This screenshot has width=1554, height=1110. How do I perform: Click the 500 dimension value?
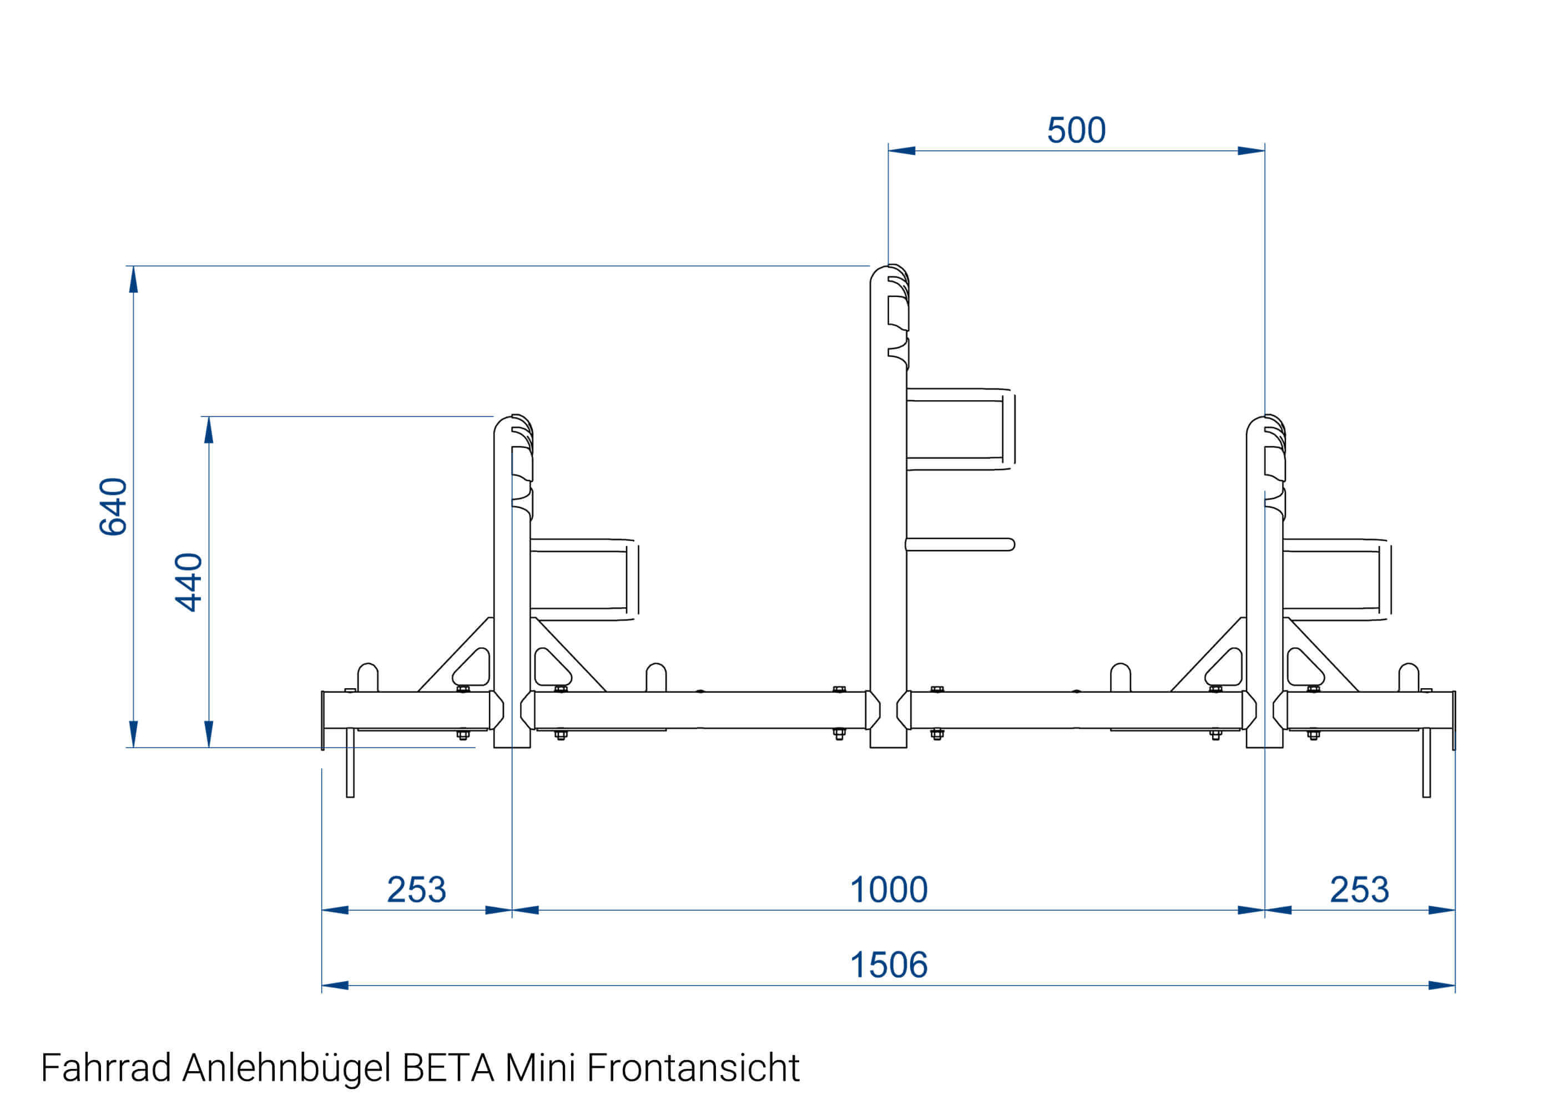[x=1076, y=130]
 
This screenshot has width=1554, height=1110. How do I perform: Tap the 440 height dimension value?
[x=189, y=582]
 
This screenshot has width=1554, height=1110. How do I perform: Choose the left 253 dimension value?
[x=416, y=890]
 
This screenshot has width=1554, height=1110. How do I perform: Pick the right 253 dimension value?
[x=1359, y=890]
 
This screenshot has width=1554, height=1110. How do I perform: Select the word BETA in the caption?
[x=448, y=1068]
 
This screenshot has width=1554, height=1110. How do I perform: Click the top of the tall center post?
[x=889, y=270]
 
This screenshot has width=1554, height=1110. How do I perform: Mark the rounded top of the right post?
[x=1265, y=420]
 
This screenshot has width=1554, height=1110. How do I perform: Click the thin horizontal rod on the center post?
[x=960, y=545]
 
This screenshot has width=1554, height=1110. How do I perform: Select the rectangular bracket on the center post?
[x=960, y=429]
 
